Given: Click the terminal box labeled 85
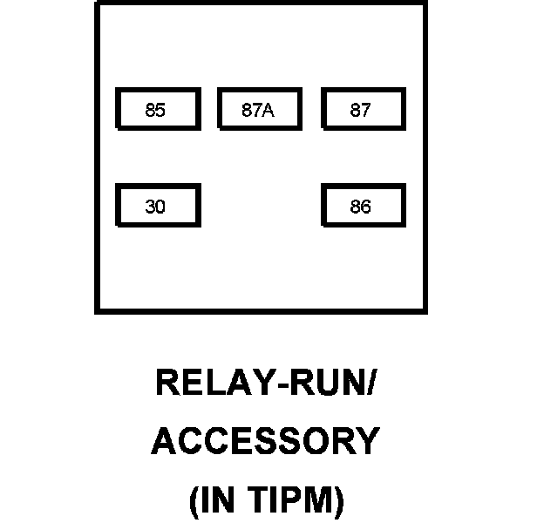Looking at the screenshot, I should pos(158,110).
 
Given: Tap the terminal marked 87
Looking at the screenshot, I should pos(362,110).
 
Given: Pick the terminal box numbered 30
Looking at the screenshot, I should pos(158,207).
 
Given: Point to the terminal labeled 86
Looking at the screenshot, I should pos(362,207).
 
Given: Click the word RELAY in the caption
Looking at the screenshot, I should pos(207,384).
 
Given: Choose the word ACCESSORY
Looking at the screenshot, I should pos(266,441).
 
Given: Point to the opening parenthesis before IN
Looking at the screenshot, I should pos(194,502).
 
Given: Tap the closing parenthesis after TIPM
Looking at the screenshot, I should pos(339,502).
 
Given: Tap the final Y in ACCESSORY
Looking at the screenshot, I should pos(369,441).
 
